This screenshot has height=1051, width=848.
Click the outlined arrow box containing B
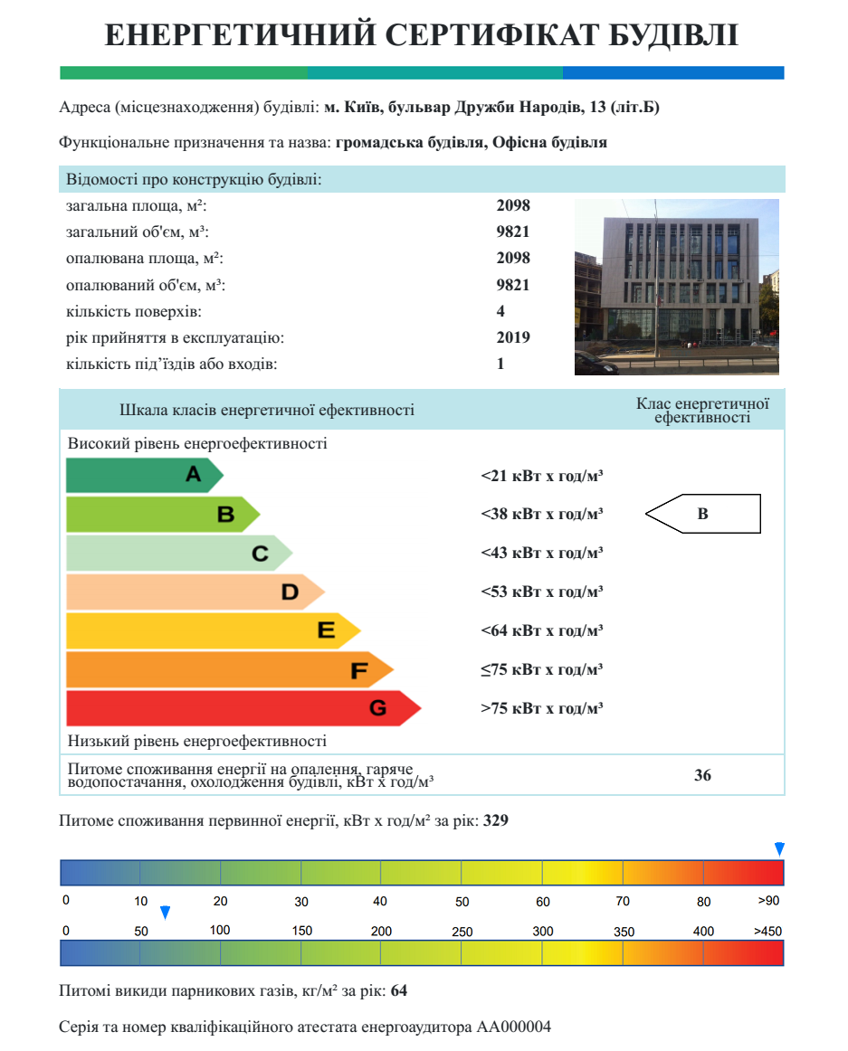(703, 514)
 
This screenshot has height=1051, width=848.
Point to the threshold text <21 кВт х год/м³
(541, 475)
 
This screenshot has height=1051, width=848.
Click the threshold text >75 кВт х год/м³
(541, 708)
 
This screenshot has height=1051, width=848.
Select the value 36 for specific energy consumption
(702, 775)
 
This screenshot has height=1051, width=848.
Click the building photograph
(676, 287)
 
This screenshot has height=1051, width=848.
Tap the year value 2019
(513, 337)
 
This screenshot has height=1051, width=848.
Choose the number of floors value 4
(500, 311)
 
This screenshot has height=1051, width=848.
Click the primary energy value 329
(495, 821)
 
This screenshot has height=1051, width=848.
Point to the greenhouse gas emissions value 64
(399, 991)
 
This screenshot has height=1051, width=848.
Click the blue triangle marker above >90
(779, 848)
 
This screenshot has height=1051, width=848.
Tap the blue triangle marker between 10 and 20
(165, 912)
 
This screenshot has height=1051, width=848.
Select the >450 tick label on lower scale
(768, 932)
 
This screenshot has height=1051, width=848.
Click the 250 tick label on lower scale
(462, 932)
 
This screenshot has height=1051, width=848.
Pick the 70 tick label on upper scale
(623, 902)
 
